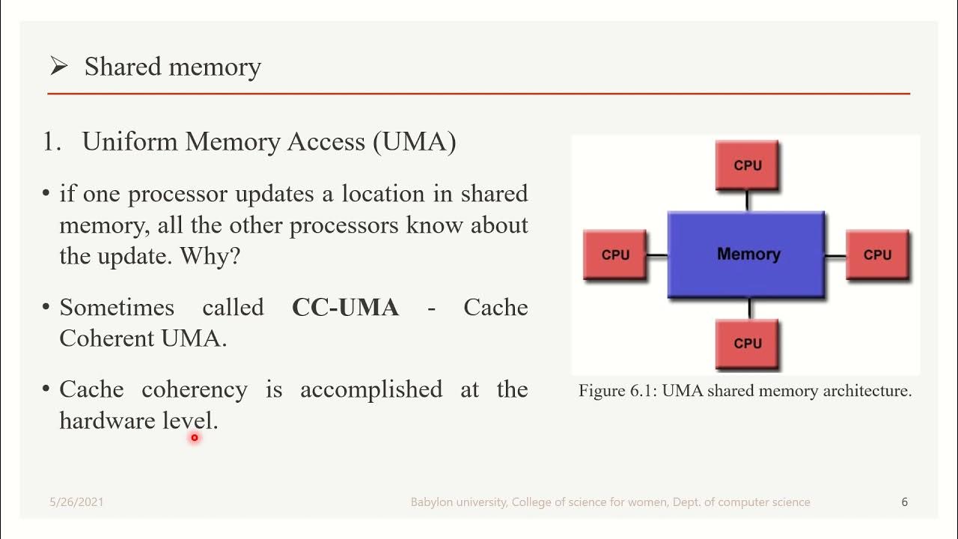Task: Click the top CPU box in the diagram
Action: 747,165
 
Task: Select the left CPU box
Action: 614,255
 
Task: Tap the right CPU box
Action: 877,255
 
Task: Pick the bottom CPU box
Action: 747,343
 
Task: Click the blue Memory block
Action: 746,255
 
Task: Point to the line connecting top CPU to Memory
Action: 747,200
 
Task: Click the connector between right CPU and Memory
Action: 835,255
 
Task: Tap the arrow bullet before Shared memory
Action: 58,67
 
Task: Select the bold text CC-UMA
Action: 345,308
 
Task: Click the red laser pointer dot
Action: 194,437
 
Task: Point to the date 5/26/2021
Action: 76,502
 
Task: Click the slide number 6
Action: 904,502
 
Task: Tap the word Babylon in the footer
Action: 432,502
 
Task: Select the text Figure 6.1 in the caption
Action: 611,391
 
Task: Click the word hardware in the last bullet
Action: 108,421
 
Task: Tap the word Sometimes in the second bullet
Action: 117,308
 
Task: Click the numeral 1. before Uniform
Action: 52,141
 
